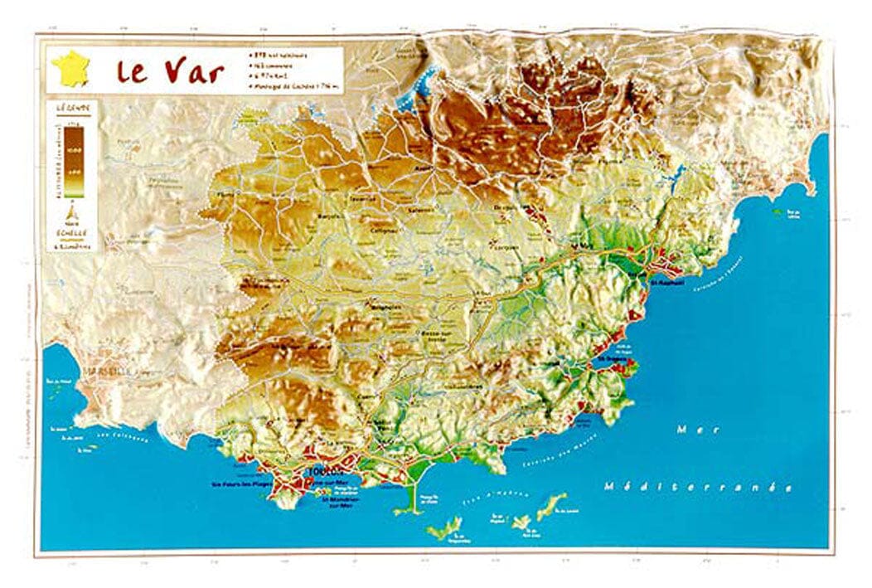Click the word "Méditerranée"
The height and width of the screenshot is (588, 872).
point(698,486)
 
